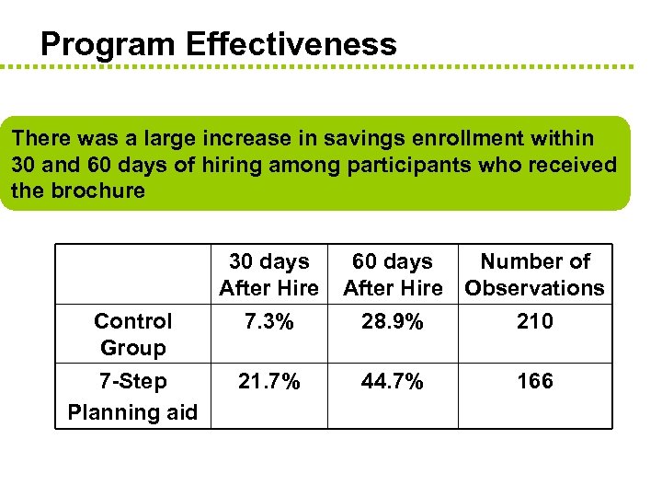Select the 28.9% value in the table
coord(393,321)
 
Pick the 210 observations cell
coord(534,321)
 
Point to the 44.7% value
coord(393,381)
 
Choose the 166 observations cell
coord(534,381)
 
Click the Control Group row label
coord(132,334)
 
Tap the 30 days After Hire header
coord(268,274)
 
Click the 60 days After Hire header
coord(393,274)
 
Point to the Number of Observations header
coord(534,274)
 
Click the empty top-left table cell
coord(132,273)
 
